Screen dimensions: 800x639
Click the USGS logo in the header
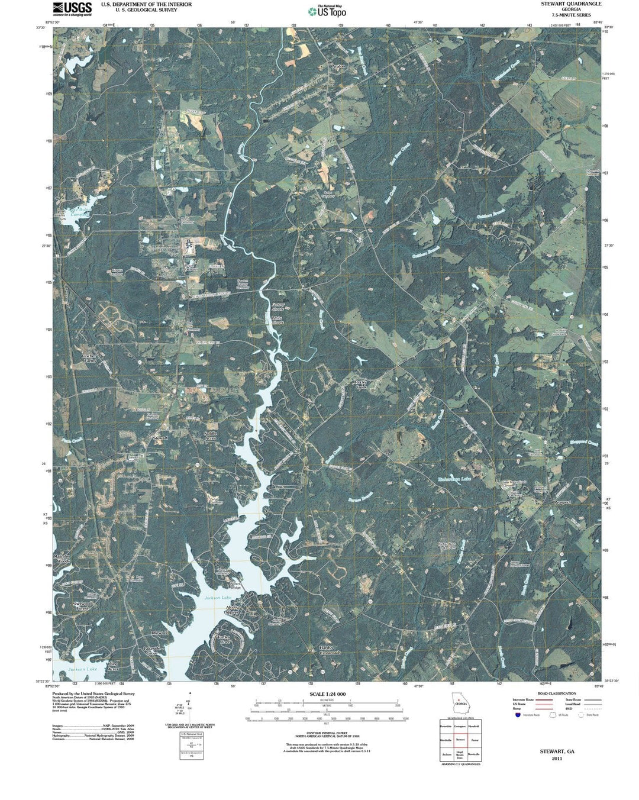(72, 8)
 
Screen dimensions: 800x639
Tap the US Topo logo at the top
(327, 11)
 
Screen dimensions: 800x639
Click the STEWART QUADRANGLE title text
(571, 4)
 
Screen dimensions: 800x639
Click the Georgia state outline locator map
(460, 707)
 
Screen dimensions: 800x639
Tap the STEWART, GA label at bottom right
(557, 751)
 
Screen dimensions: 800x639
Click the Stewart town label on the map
(160, 438)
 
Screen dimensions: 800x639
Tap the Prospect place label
(561, 502)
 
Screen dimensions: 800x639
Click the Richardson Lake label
(454, 479)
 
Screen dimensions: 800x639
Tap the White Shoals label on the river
(277, 320)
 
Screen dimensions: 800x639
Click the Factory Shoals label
(278, 307)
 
